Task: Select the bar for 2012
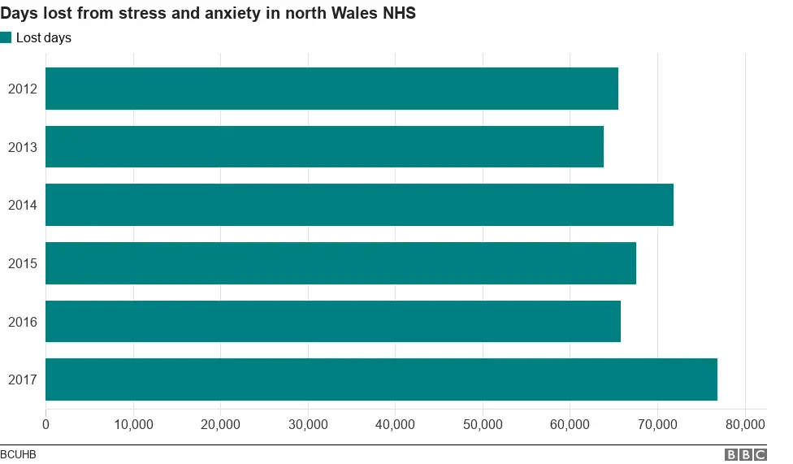(331, 89)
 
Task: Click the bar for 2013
(324, 147)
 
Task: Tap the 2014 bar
(359, 205)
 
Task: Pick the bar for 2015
(340, 263)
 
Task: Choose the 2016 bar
(333, 322)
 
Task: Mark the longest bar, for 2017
(381, 379)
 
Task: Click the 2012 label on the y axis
(22, 89)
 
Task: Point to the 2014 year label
(22, 206)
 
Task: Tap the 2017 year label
(22, 380)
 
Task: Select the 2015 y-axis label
(22, 264)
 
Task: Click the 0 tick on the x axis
(45, 424)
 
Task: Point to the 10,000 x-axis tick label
(133, 424)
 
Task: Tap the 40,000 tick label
(396, 424)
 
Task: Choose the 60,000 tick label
(570, 424)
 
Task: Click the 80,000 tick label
(745, 424)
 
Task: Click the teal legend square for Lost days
(6, 37)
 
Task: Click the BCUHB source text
(18, 455)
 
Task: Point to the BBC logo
(746, 455)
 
